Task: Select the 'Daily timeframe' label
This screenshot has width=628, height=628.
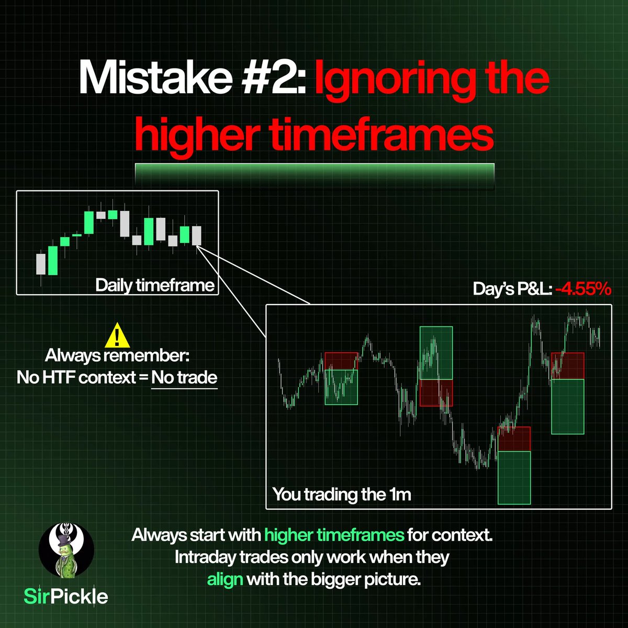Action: click(x=155, y=285)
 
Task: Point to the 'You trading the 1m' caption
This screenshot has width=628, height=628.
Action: click(x=341, y=495)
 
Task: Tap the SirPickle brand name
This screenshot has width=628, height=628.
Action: click(x=66, y=596)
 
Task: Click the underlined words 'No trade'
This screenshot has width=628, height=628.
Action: click(x=184, y=377)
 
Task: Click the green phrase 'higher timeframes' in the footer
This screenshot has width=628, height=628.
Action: click(x=334, y=535)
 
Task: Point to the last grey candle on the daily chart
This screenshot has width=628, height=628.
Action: click(x=196, y=235)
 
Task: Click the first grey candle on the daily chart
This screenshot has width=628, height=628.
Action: click(x=41, y=264)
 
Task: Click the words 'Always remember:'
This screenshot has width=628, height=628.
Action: click(x=117, y=356)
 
